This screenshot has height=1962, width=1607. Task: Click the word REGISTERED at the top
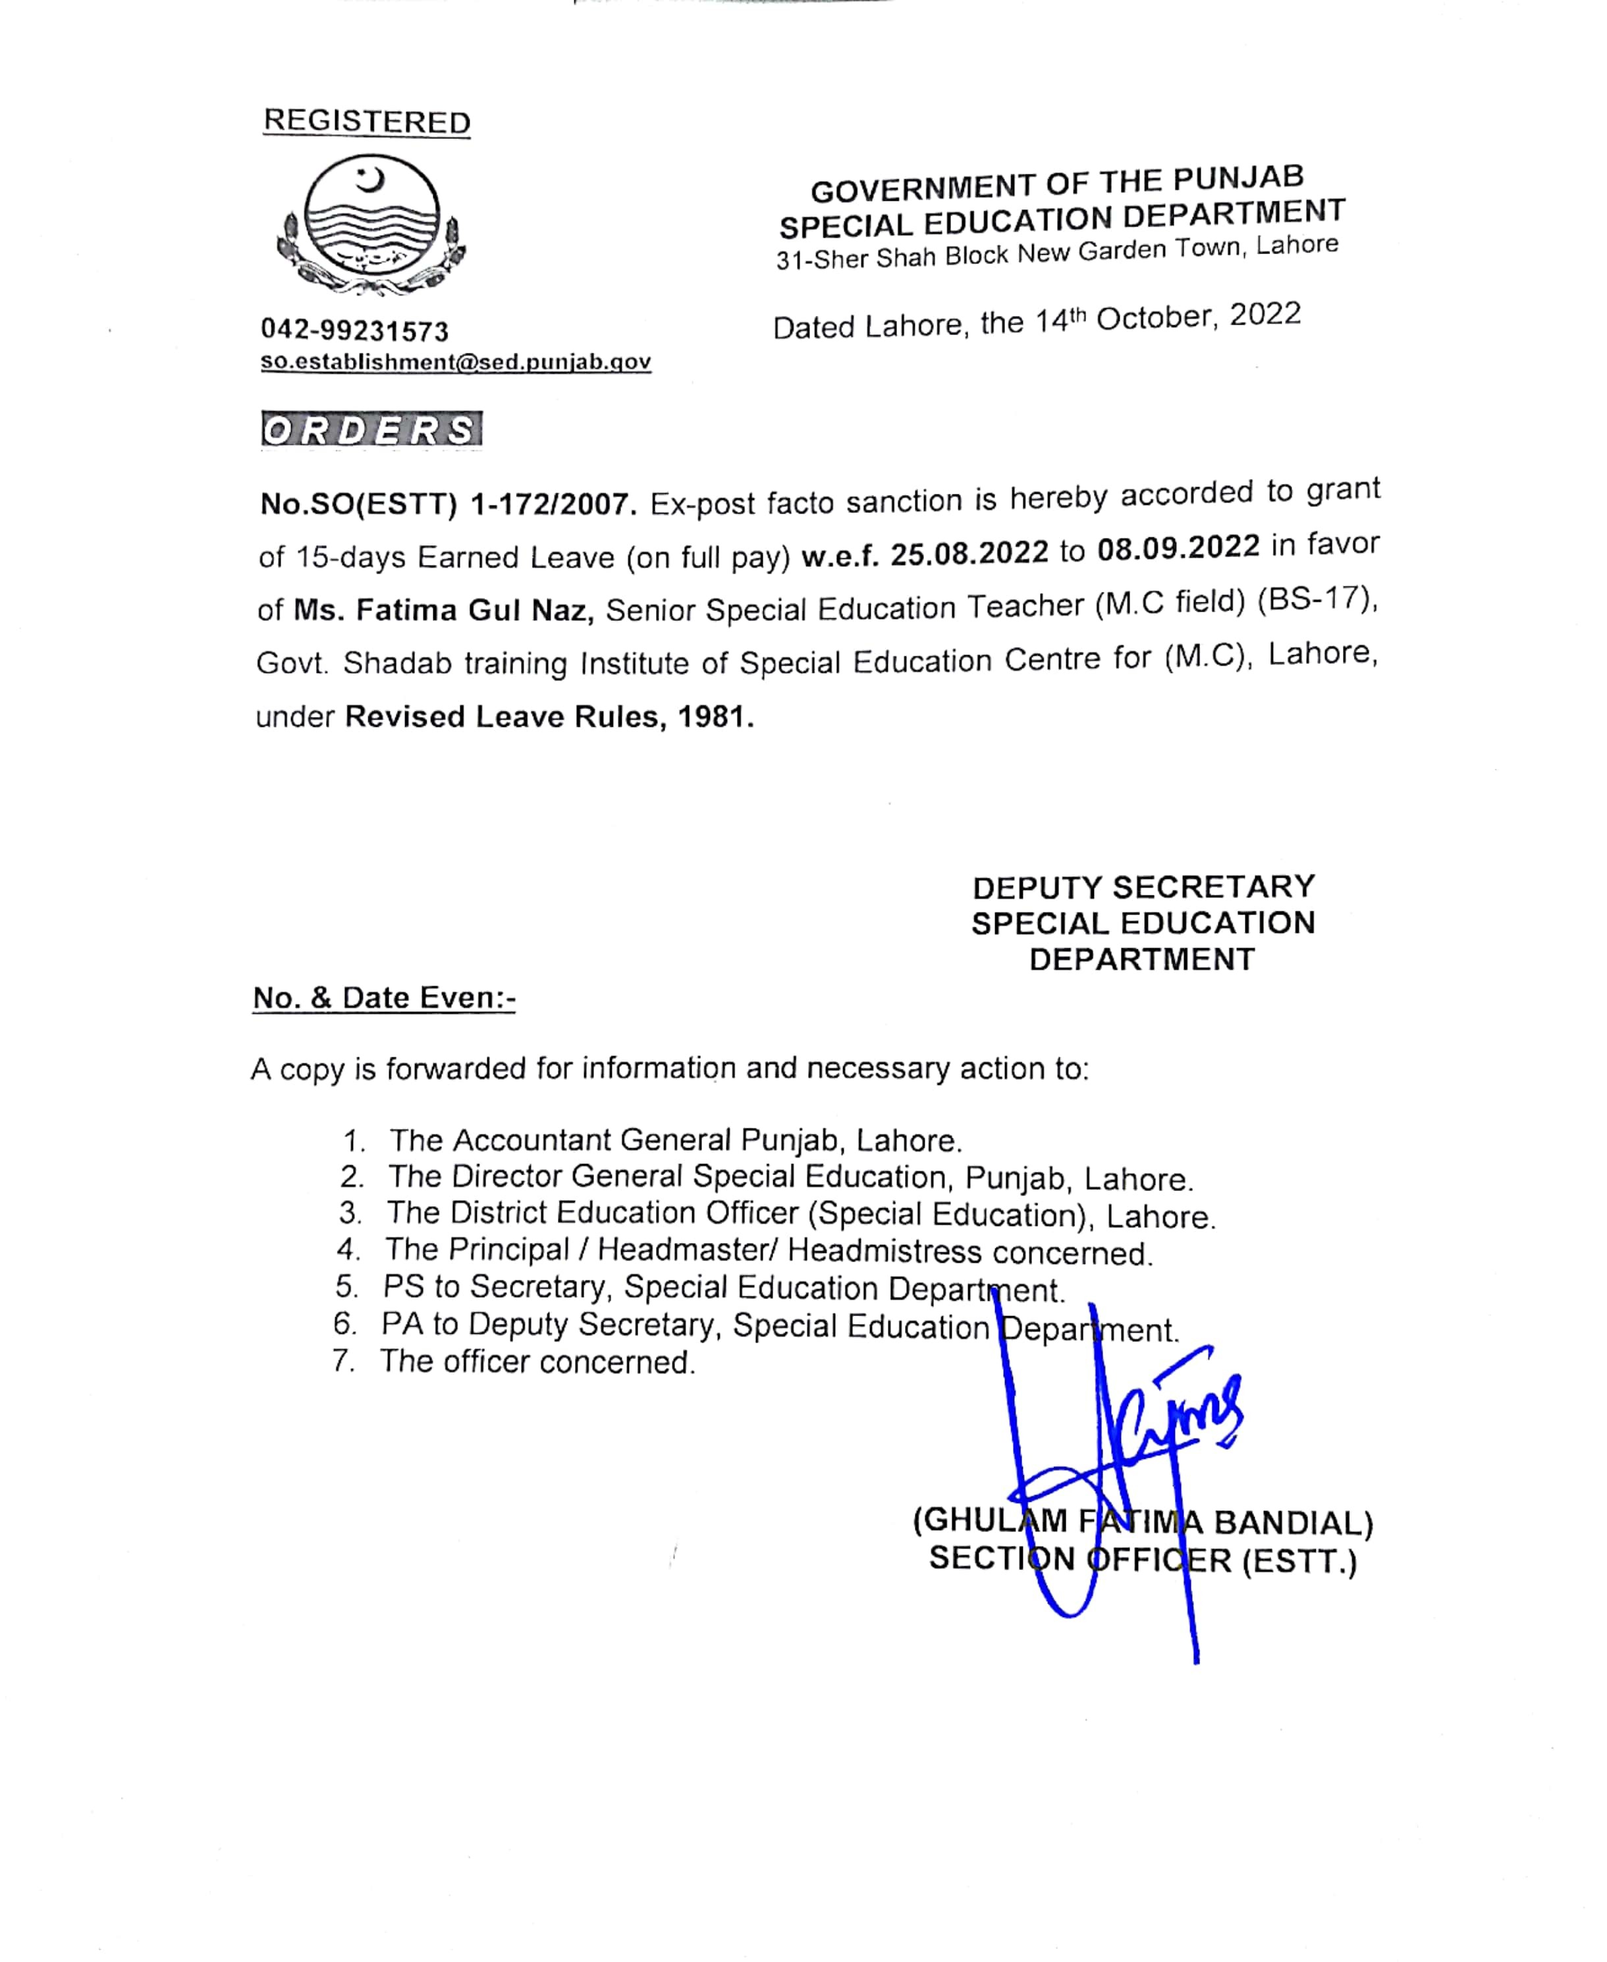(x=367, y=121)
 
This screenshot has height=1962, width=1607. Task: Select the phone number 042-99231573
(x=354, y=331)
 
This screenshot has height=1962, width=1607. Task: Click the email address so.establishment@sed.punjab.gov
(x=456, y=362)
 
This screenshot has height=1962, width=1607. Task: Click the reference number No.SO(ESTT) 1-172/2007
(x=448, y=504)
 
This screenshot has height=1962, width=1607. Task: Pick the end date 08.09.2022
(x=1178, y=547)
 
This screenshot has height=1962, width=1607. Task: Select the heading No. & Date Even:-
(x=384, y=997)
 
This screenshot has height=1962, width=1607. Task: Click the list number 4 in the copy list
(x=348, y=1250)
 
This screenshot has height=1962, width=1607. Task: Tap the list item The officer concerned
(x=537, y=1362)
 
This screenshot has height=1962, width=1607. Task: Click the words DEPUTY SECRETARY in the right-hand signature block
(x=1143, y=887)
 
